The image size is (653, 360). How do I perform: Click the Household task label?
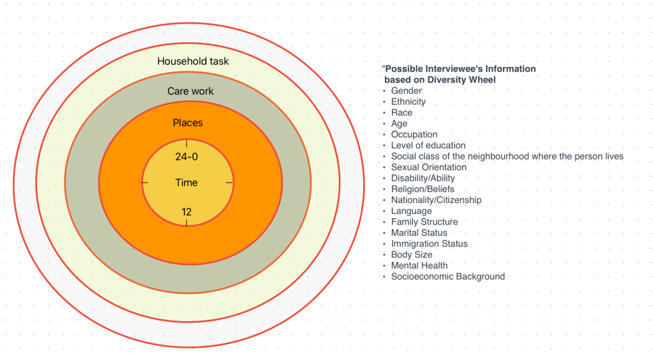[193, 62]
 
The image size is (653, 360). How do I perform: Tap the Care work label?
[190, 91]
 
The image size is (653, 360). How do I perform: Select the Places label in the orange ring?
[188, 123]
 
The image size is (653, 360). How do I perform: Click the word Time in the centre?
[186, 183]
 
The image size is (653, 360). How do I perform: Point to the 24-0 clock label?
[186, 156]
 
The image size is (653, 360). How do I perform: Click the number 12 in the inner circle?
[186, 212]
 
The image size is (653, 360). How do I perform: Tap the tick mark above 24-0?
[186, 144]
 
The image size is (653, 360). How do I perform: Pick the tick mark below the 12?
[186, 223]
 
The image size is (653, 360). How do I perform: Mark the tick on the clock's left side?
[144, 183]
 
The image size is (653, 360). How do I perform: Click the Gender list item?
[406, 91]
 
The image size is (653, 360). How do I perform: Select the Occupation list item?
[414, 135]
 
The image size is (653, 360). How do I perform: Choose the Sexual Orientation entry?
[428, 167]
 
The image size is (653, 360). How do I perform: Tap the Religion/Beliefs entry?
[423, 189]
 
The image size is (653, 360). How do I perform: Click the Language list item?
[411, 211]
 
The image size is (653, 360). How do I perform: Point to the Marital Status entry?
[419, 233]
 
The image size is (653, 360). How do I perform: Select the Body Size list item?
[412, 255]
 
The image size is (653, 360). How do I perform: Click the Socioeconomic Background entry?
[447, 276]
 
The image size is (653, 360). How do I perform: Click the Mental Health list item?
[419, 266]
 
